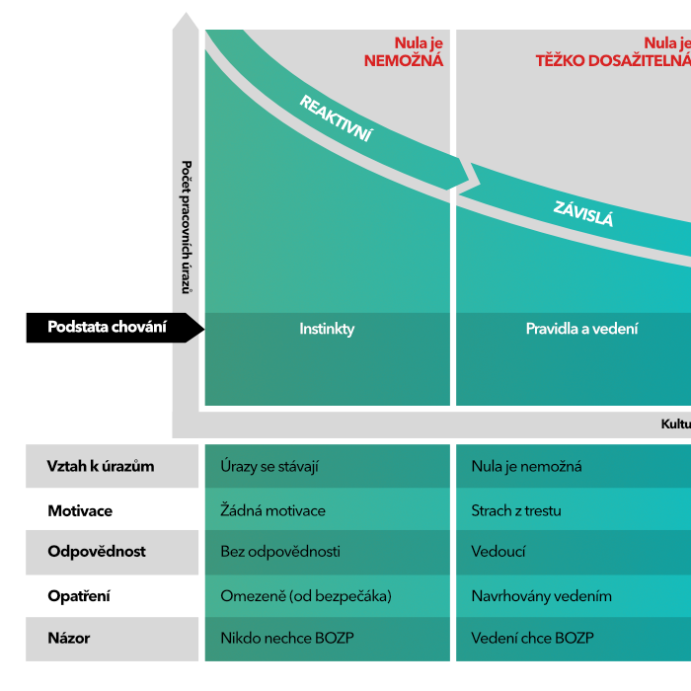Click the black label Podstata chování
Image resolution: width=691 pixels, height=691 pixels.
pyautogui.click(x=107, y=328)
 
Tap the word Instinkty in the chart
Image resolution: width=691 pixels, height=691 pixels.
pyautogui.click(x=327, y=329)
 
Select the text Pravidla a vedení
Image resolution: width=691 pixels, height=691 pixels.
pyautogui.click(x=581, y=329)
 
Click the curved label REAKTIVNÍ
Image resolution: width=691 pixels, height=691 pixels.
pyautogui.click(x=336, y=118)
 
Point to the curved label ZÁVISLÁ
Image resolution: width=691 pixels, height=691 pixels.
pyautogui.click(x=582, y=213)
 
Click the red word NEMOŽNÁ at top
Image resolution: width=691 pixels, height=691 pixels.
pyautogui.click(x=403, y=60)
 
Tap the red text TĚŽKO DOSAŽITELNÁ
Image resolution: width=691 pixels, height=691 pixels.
pyautogui.click(x=612, y=60)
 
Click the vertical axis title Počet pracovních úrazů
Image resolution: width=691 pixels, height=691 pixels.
pyautogui.click(x=187, y=227)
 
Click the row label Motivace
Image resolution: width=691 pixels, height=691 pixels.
pyautogui.click(x=80, y=511)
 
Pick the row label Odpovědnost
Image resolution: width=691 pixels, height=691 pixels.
pyautogui.click(x=98, y=552)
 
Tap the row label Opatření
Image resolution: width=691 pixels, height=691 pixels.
pyautogui.click(x=79, y=596)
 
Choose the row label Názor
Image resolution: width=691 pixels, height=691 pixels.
pyautogui.click(x=69, y=639)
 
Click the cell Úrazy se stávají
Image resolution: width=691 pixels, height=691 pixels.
pyautogui.click(x=269, y=466)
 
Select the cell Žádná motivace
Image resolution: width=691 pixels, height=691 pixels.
pyautogui.click(x=272, y=511)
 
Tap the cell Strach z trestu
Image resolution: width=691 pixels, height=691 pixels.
pyautogui.click(x=516, y=511)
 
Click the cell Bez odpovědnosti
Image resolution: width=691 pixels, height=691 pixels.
pyautogui.click(x=279, y=552)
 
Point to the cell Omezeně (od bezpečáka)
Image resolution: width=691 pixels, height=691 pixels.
pyautogui.click(x=306, y=596)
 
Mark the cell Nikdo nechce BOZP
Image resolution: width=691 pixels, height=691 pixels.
pyautogui.click(x=286, y=639)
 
